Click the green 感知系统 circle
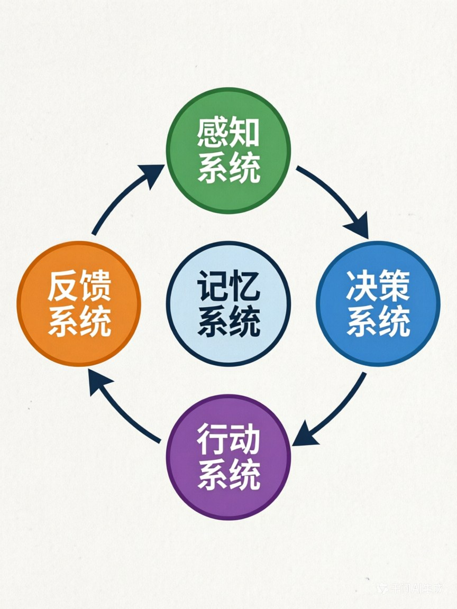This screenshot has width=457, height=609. click(x=229, y=151)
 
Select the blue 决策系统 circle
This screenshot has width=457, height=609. click(x=378, y=303)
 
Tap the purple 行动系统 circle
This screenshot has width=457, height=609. click(x=229, y=457)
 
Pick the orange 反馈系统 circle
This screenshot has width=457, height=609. click(x=79, y=303)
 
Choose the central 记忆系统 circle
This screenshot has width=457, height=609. click(x=229, y=303)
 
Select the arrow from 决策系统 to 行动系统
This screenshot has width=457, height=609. click(x=333, y=410)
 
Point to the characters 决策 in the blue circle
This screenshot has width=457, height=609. click(x=378, y=286)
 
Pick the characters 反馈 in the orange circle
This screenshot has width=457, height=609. click(x=79, y=287)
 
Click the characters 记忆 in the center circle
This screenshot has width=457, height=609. click(x=229, y=286)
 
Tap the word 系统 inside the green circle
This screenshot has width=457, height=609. click(x=229, y=169)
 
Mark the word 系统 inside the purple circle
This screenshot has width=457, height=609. click(x=229, y=475)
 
